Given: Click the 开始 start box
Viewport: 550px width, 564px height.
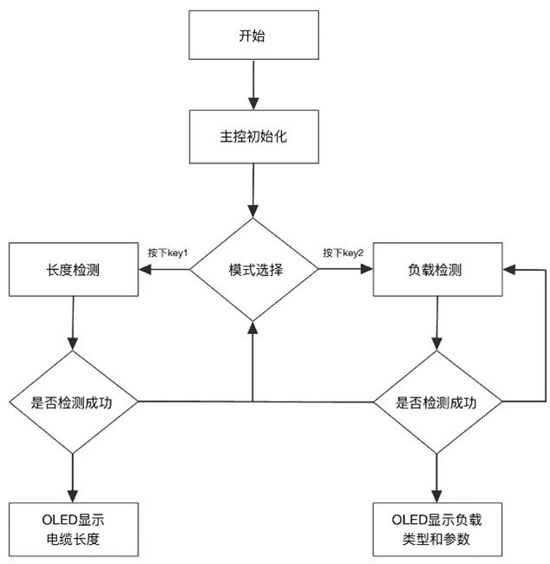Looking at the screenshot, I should tap(252, 36).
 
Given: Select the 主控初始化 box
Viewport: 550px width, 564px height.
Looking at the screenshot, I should tap(252, 137).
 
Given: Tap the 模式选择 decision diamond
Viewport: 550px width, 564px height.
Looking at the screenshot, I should tap(253, 269).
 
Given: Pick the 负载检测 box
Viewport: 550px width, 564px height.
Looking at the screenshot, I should tap(435, 269).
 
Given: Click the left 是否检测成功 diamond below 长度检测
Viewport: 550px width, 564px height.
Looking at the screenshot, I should tap(72, 403).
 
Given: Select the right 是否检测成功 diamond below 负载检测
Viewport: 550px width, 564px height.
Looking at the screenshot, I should tap(435, 403).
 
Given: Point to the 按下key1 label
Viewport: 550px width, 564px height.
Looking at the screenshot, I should tap(169, 252).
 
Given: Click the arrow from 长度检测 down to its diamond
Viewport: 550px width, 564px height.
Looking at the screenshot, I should tap(72, 323).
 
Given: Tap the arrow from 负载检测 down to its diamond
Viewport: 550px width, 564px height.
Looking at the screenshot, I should tap(435, 323).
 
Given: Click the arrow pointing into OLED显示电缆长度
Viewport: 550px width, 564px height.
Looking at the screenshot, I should tap(72, 477).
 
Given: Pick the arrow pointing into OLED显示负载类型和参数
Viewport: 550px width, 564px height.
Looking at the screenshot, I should tap(435, 477).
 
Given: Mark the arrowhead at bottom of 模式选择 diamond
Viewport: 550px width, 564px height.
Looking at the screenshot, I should tap(253, 328).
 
